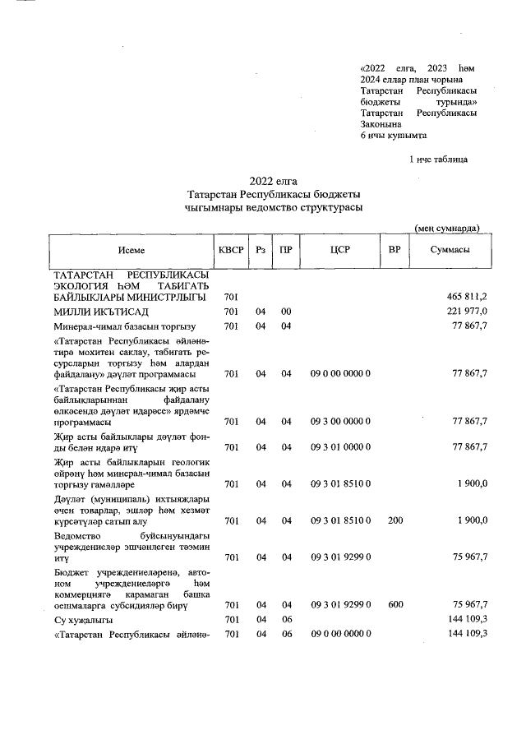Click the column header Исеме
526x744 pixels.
click(x=131, y=249)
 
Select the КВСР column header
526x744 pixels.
click(x=231, y=249)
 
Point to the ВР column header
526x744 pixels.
click(x=394, y=249)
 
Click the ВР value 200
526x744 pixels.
click(x=394, y=520)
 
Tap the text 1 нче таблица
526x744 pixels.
click(x=439, y=158)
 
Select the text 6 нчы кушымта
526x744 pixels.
click(x=394, y=135)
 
